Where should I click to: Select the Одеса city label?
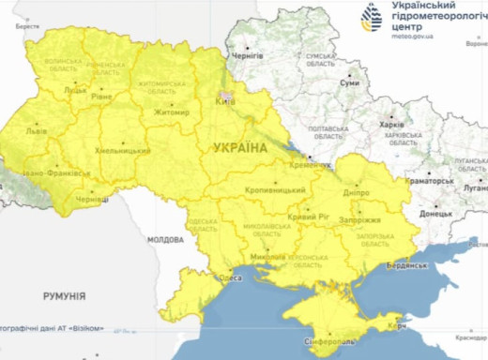click(x=230, y=277)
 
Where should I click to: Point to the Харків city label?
click(x=389, y=123)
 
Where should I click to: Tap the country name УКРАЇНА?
click(x=240, y=148)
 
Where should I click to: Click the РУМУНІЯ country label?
click(x=65, y=295)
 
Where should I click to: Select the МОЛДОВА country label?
click(x=164, y=240)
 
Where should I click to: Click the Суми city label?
click(x=349, y=83)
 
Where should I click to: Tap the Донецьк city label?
click(x=435, y=213)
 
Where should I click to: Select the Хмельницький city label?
click(x=122, y=150)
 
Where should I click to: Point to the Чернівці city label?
click(x=92, y=199)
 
